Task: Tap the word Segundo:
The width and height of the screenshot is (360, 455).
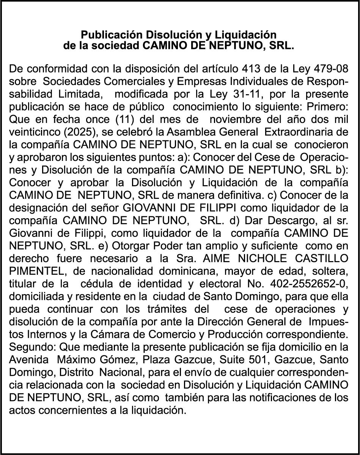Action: pos(33,347)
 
